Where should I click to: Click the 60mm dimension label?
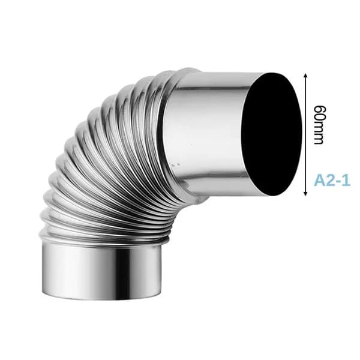[320, 125]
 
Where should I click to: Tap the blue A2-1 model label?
[332, 180]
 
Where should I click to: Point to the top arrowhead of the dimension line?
[305, 76]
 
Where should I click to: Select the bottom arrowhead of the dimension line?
[305, 193]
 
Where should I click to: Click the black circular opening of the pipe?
[272, 134]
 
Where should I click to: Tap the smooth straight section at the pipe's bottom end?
[102, 271]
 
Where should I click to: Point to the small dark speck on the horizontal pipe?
[176, 164]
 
